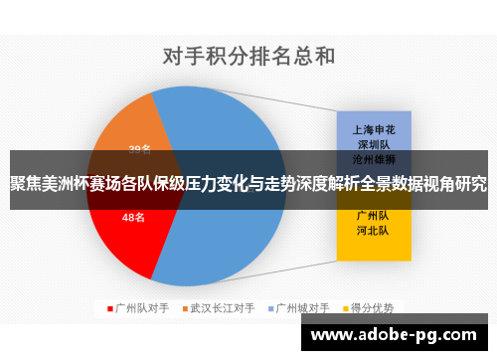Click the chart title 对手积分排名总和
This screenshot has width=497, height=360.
point(248,54)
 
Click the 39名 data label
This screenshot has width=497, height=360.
point(139,149)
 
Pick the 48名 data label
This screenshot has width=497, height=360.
point(133,217)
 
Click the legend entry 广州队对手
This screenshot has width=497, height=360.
point(143,307)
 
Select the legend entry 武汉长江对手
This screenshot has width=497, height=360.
point(223,307)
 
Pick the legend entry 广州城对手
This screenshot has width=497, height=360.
point(302,307)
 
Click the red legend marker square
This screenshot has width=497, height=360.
point(109,307)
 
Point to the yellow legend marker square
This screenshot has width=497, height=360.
point(344,307)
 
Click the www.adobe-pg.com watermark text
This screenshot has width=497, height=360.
point(397,335)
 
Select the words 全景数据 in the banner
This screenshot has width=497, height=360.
point(373,184)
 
